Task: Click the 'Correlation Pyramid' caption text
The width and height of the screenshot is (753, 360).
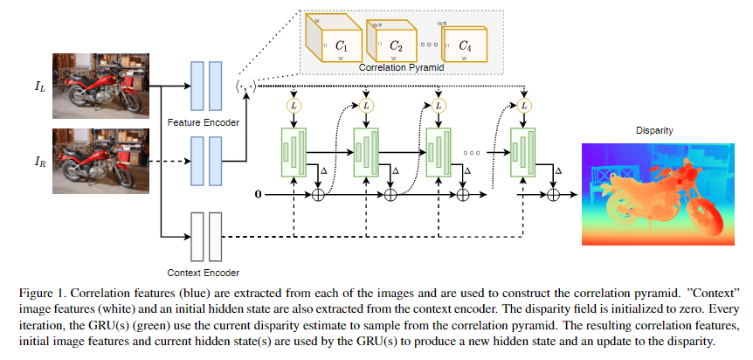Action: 399,66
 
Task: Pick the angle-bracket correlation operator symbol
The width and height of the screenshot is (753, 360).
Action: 246,86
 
